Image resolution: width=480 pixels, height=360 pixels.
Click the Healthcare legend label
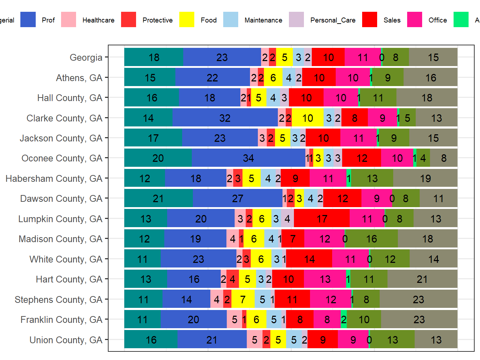click(98, 20)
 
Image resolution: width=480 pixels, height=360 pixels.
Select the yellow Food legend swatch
click(187, 20)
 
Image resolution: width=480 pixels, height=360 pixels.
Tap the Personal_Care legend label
click(332, 20)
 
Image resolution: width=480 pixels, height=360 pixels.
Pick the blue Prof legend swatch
click(28, 20)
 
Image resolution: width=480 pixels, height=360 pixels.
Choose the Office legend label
click(437, 20)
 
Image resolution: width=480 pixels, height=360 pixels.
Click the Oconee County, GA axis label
click(62, 158)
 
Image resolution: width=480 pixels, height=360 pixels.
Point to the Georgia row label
click(86, 57)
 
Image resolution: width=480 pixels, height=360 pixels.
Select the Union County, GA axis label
click(66, 340)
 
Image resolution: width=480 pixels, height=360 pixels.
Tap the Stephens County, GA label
click(58, 300)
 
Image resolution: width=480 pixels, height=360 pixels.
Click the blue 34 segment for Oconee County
click(248, 158)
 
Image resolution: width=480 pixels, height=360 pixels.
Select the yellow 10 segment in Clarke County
click(307, 117)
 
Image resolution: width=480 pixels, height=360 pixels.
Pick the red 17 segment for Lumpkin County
click(321, 219)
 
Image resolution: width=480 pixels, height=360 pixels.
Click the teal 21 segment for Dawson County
click(158, 198)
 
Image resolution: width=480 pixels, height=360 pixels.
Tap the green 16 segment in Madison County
click(371, 239)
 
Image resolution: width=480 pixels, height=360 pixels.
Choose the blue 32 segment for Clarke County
click(225, 117)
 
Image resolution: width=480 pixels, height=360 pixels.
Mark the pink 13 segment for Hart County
click(325, 279)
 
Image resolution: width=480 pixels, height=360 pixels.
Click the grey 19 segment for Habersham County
click(425, 178)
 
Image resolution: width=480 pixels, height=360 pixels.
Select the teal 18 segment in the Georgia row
click(154, 57)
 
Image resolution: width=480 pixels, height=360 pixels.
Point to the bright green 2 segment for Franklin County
click(344, 319)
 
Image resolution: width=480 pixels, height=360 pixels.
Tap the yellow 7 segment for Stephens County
click(243, 299)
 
